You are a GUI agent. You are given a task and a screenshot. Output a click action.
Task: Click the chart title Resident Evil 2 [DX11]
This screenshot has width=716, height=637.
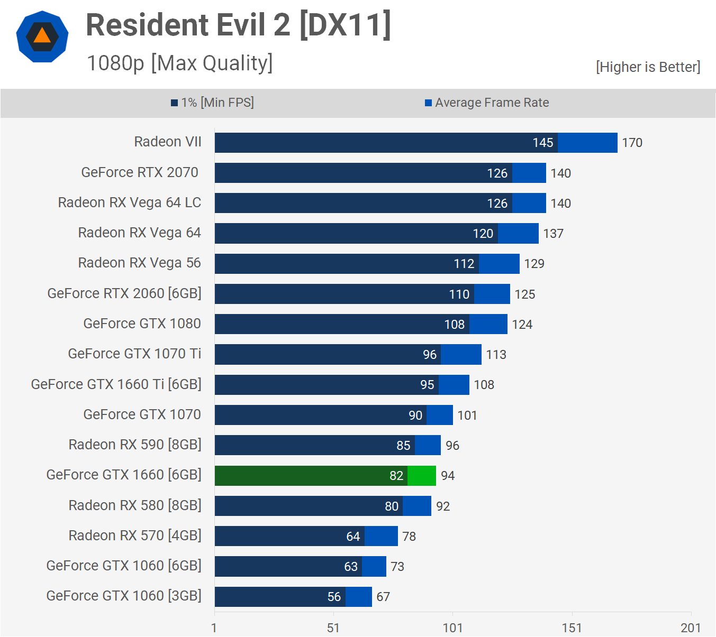pos(238,25)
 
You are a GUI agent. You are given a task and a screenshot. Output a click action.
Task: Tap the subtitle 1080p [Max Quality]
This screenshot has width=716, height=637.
pos(179,63)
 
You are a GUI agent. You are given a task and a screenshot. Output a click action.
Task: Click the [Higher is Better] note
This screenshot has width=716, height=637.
pos(648,67)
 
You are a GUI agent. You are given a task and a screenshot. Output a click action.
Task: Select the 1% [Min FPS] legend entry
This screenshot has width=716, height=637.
pos(212,103)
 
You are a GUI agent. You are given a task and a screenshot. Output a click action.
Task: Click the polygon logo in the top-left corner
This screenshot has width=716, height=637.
pos(42,36)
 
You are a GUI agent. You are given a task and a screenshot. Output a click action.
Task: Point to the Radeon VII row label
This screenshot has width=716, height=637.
pos(168,142)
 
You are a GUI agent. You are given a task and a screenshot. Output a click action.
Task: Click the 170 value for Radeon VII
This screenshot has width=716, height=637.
pos(632,143)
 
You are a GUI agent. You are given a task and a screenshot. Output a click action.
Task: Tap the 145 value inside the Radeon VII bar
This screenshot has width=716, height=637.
pos(542,143)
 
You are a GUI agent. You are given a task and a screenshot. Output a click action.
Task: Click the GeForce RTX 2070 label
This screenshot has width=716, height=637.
pos(140,172)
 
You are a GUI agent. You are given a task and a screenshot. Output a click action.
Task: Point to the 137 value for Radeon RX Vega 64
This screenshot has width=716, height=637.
pos(553,234)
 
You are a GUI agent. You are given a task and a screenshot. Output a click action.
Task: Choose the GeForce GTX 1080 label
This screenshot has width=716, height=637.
pos(142,324)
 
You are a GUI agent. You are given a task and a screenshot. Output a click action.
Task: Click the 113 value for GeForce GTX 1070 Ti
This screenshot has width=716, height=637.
pos(496,355)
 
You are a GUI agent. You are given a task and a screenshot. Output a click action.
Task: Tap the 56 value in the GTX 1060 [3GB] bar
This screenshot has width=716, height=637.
pos(334,597)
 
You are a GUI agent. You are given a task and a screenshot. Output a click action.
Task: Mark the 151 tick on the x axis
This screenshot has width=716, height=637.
pos(572,627)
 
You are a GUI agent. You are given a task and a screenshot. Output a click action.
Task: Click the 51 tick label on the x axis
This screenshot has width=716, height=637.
pos(333,627)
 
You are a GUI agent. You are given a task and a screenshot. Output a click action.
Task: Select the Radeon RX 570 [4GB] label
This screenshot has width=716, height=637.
pos(135,536)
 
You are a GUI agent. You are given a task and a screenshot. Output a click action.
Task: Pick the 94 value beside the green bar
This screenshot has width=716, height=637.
pos(448,476)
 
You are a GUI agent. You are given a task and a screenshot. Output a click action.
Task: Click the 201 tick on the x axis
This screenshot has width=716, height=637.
pos(691,627)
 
